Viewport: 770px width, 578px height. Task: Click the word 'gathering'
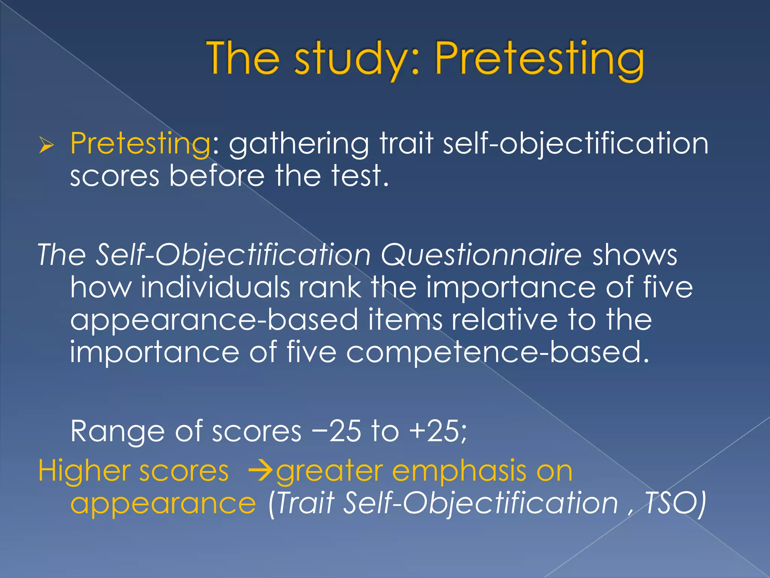coord(299,144)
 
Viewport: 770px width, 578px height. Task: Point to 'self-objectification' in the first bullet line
coord(576,144)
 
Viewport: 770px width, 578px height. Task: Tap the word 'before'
coord(217,176)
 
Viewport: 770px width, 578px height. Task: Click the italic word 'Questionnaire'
coord(481,255)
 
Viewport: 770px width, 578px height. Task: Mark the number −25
coord(336,431)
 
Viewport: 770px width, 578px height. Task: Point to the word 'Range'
coord(117,431)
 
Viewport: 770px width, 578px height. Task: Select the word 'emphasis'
coord(459,471)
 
